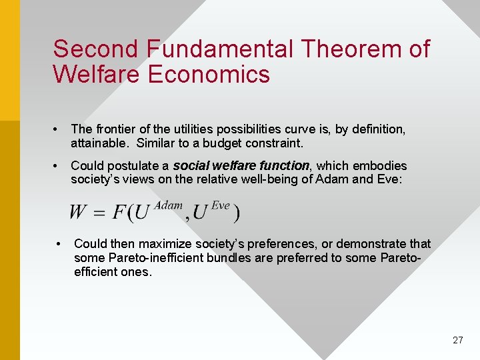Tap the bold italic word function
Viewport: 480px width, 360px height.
(x=285, y=165)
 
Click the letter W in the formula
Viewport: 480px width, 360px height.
(x=78, y=213)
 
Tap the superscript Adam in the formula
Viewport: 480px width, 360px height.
(x=168, y=206)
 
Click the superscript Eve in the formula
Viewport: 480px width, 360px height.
(x=220, y=206)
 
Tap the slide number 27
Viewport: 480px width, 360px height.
(x=457, y=340)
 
